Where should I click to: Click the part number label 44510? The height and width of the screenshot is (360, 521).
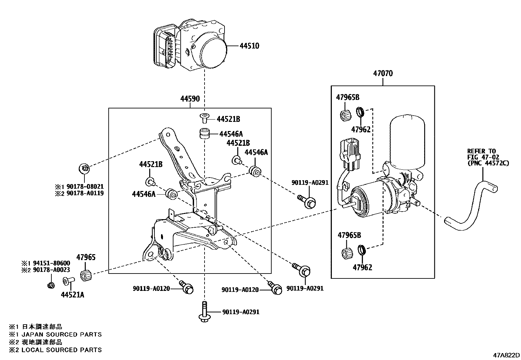(249, 46)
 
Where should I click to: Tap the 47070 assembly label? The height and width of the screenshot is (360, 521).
(383, 73)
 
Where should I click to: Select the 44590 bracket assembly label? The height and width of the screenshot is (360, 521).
(190, 99)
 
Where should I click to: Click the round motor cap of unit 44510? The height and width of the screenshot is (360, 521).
(213, 53)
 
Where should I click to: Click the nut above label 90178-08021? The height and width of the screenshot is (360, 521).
(84, 168)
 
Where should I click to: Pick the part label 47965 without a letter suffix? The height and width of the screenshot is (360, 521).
(86, 257)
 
